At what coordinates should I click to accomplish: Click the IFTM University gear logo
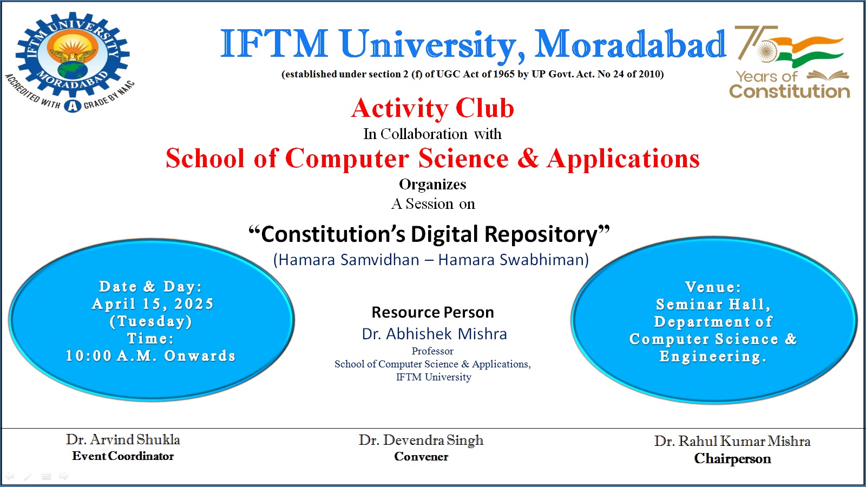[x=73, y=54]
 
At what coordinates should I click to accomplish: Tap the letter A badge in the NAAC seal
[x=73, y=106]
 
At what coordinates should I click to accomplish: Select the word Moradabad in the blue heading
[x=630, y=44]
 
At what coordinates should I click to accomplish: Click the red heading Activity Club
[x=432, y=108]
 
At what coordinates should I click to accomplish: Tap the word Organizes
[x=432, y=185]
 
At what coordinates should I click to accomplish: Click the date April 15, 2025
[x=152, y=304]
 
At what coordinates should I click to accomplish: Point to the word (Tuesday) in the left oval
[x=151, y=321]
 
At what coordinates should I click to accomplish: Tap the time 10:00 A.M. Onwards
[x=150, y=356]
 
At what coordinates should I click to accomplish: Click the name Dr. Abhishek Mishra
[x=434, y=334]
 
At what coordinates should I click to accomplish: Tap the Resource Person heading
[x=432, y=312]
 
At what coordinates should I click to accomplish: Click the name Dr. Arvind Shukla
[x=123, y=439]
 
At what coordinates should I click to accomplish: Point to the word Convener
[x=421, y=457]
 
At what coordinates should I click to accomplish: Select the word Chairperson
[x=732, y=459]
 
